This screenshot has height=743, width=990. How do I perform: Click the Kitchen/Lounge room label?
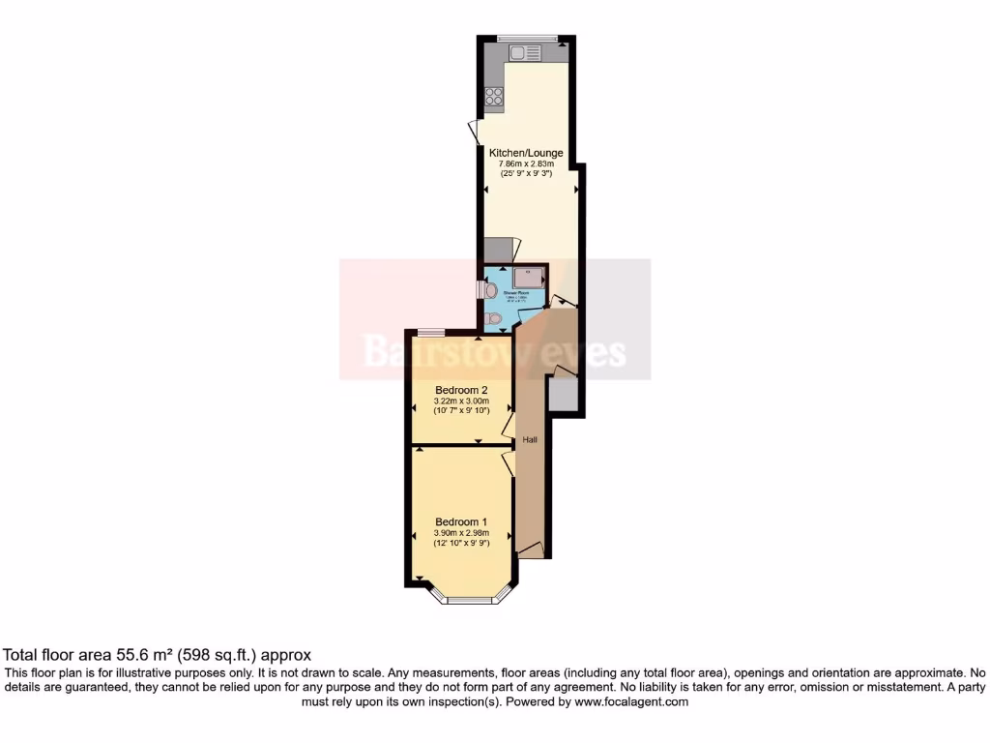[x=525, y=153]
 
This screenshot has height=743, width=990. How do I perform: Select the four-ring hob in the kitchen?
[x=494, y=95]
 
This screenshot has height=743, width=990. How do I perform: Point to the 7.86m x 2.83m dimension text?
[x=525, y=164]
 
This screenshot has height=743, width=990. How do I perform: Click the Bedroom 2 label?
[x=460, y=390]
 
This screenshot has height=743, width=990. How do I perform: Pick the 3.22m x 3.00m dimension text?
[x=460, y=401]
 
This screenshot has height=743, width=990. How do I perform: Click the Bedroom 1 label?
[x=460, y=520]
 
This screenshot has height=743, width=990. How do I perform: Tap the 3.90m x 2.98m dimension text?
[x=461, y=532]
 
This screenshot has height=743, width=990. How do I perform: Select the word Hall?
[x=530, y=439]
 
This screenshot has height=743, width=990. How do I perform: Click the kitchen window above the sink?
[x=528, y=38]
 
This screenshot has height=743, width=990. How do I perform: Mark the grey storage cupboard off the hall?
[x=562, y=393]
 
